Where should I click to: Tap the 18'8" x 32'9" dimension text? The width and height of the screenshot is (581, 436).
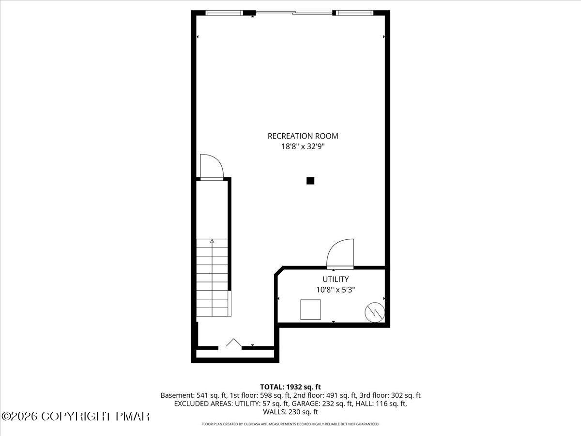(x=303, y=147)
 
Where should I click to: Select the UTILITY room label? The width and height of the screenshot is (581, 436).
(x=336, y=279)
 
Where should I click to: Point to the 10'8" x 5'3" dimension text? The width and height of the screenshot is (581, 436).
(x=336, y=290)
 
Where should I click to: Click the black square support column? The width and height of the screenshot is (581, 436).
(x=310, y=181)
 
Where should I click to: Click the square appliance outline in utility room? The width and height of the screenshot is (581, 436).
(x=310, y=310)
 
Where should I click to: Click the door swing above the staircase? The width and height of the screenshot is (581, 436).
(x=211, y=167)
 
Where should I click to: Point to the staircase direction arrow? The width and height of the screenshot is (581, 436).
(x=212, y=241)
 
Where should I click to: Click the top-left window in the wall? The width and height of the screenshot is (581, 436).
(x=224, y=13)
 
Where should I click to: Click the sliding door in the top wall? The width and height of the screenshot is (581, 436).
(x=294, y=13)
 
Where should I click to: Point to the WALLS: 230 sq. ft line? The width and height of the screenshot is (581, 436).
(x=290, y=412)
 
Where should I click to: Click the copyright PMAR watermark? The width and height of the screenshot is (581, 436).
(x=76, y=416)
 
